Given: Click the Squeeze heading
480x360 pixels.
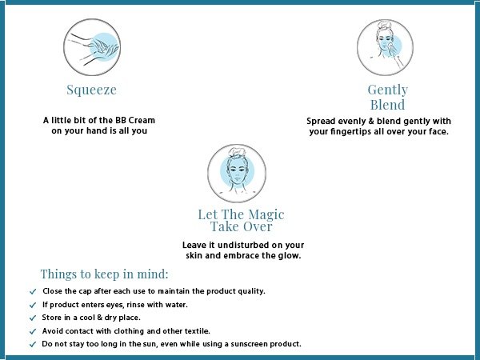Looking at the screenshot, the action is point(91,90).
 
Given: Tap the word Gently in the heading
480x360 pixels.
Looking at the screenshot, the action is point(387,90).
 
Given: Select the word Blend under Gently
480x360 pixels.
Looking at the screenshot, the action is point(387,105).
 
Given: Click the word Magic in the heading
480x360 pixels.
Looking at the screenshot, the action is point(266,215).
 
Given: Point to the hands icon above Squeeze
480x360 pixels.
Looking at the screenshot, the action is point(92,47).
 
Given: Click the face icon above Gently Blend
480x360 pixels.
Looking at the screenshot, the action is point(385,47).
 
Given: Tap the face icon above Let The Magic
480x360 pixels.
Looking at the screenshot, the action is point(237,174).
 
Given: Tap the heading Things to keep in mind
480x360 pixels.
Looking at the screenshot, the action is point(104,274).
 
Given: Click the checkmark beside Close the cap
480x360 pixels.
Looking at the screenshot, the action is point(33,291).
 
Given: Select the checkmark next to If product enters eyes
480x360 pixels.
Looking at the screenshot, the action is point(33,306).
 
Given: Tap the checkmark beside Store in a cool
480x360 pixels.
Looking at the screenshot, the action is point(33,318).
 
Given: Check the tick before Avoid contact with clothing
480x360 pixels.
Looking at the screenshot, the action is point(33,331).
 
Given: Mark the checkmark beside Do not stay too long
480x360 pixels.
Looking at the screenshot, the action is point(33,344).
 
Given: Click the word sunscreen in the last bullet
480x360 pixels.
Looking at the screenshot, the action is point(246,344).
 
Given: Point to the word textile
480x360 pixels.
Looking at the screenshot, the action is point(198,331).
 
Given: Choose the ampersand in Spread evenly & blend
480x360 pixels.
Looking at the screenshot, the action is point(371,122).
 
